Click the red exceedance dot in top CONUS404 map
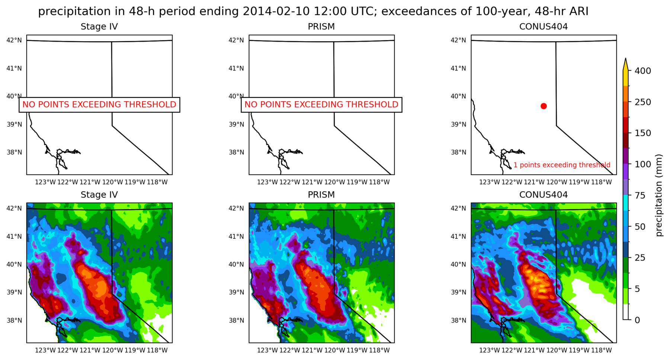(x=544, y=106)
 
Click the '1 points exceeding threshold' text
(x=562, y=165)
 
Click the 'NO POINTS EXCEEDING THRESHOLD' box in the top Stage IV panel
(x=99, y=105)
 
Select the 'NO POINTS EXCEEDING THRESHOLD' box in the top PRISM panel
(x=321, y=105)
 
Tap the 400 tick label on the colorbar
(x=643, y=71)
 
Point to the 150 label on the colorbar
(x=643, y=133)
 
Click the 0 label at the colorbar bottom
(x=638, y=320)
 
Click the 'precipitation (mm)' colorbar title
(x=659, y=195)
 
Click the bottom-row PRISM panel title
(x=321, y=195)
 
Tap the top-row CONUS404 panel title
(x=544, y=26)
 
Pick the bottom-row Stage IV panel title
(x=99, y=195)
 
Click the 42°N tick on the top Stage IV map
(x=14, y=40)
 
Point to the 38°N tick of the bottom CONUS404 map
(x=458, y=320)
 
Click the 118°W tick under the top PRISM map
(x=379, y=182)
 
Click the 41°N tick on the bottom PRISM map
(x=236, y=237)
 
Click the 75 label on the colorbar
(x=640, y=195)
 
